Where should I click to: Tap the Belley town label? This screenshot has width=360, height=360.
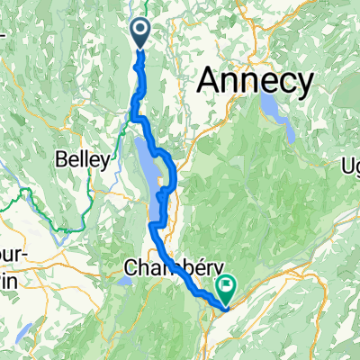85,161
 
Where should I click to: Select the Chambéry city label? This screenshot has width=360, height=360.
167,267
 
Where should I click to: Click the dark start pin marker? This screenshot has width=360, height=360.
142,34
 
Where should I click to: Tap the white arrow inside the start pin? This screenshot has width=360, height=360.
142,31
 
